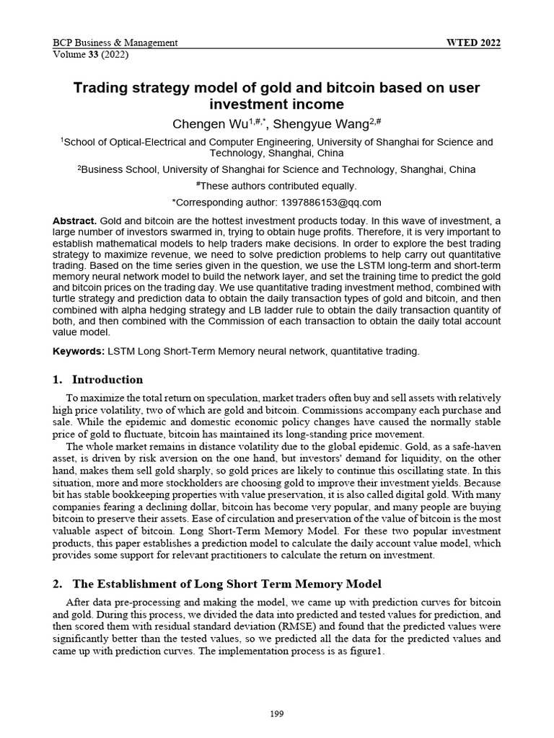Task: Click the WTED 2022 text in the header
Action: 474,43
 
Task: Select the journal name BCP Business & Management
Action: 115,43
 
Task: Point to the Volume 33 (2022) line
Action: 89,54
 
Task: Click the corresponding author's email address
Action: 335,203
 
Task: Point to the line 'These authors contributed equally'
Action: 277,186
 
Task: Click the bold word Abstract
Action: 74,219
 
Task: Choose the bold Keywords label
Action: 79,351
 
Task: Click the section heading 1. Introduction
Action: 98,379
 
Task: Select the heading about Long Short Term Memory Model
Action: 217,583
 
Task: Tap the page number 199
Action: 276,714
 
